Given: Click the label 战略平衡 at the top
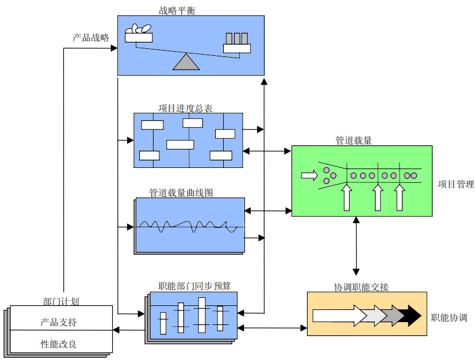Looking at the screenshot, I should point(178,10).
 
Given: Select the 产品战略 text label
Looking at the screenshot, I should point(91,38).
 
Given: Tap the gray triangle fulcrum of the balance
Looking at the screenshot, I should point(186,62).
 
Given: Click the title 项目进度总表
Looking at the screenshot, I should point(185,108).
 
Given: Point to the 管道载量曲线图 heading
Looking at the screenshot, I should point(181,193).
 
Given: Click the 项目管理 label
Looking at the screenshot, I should point(456,185).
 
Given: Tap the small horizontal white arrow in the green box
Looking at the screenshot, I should point(309,175).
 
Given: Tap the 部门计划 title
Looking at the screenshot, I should point(61,301).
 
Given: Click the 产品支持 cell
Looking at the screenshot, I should point(59,322).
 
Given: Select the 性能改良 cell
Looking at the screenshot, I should point(59,344).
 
